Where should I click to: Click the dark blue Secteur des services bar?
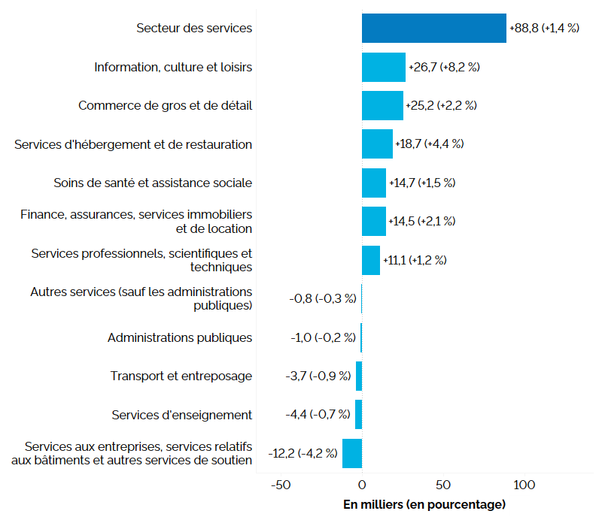pyautogui.click(x=433, y=28)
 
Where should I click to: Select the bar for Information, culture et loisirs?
pyautogui.click(x=383, y=67)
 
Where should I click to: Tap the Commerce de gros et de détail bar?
pyautogui.click(x=382, y=105)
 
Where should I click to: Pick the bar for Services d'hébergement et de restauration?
pyautogui.click(x=377, y=144)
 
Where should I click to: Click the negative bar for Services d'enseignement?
pyautogui.click(x=359, y=414)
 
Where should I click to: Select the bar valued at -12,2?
pyautogui.click(x=352, y=453)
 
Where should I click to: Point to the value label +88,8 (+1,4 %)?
pyautogui.click(x=544, y=28)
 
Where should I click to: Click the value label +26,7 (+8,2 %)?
pyautogui.click(x=444, y=67)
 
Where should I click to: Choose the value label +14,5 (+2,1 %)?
pyautogui.click(x=422, y=221)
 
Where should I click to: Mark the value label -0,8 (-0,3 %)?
pyautogui.click(x=323, y=298)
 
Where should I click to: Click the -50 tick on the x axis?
pyautogui.click(x=281, y=485)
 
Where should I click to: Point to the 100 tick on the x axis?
pyautogui.click(x=524, y=485)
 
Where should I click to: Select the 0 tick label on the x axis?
pyautogui.click(x=362, y=485)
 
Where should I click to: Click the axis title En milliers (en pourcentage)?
pyautogui.click(x=424, y=504)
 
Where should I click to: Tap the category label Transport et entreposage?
pyautogui.click(x=181, y=376)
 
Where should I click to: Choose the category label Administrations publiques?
pyautogui.click(x=180, y=337)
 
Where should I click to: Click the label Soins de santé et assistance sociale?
pyautogui.click(x=153, y=183)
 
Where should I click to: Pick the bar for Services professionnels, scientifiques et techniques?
pyautogui.click(x=371, y=260)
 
